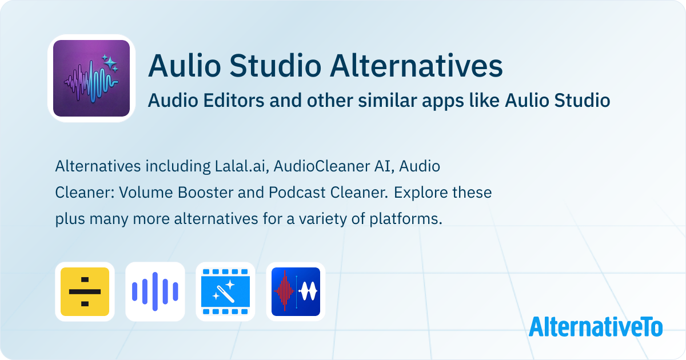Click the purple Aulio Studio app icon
click(x=91, y=78)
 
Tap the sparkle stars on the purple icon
click(x=110, y=63)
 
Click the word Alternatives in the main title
click(x=416, y=66)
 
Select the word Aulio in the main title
click(x=184, y=66)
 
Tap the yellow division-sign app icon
click(x=85, y=291)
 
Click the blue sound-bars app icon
click(x=155, y=291)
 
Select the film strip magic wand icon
click(x=225, y=291)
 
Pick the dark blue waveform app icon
click(x=296, y=291)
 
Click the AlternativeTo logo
click(x=596, y=326)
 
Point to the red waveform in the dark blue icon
click(x=284, y=291)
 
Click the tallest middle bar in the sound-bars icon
click(x=155, y=291)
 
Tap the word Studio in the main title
click(x=276, y=66)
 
